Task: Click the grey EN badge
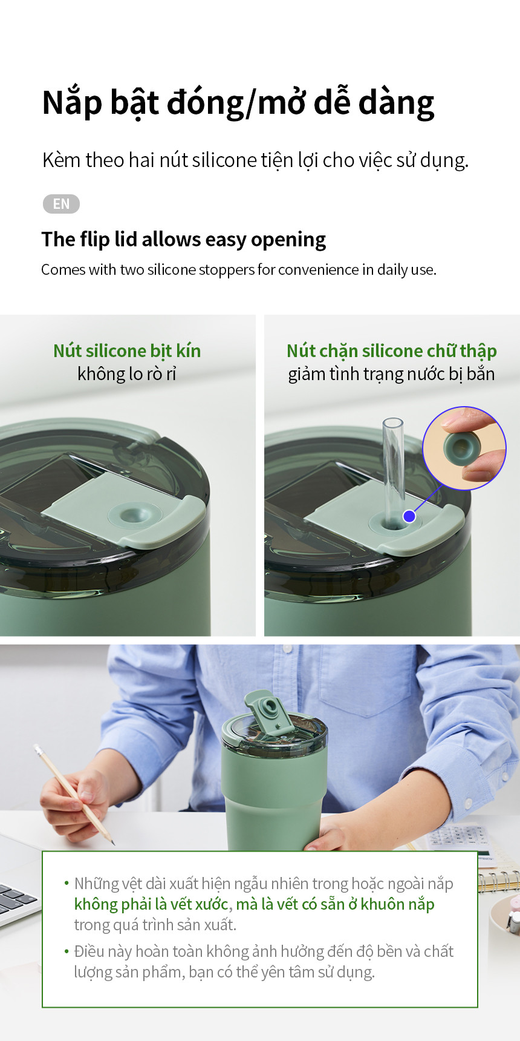point(61,204)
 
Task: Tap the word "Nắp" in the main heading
point(72,103)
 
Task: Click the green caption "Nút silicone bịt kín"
point(127,350)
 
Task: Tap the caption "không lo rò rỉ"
point(127,374)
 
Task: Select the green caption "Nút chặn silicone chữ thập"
point(392,351)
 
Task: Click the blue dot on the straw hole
point(409,516)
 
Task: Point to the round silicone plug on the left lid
point(134,515)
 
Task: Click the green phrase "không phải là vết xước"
point(151,904)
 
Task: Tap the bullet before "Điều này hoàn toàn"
point(67,951)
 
